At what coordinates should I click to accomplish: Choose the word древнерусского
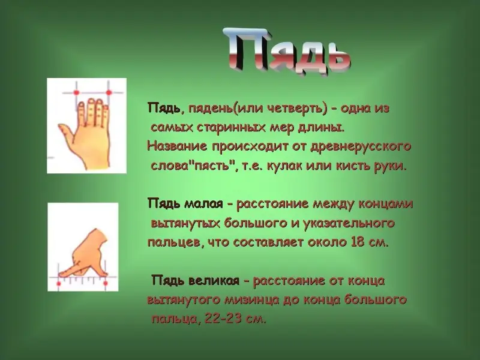[361, 147]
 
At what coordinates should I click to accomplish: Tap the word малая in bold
[203, 203]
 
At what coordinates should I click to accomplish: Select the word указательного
[349, 223]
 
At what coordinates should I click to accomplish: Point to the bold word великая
[214, 280]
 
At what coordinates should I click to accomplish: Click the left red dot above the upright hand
[77, 92]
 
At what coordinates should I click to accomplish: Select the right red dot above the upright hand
[109, 92]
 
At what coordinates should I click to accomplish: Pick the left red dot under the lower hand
[58, 283]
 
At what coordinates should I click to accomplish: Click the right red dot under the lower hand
[106, 283]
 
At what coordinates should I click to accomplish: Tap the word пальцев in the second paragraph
[174, 243]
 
